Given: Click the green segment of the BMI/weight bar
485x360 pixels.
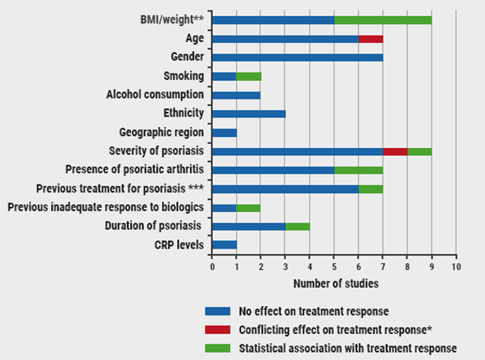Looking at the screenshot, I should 382,20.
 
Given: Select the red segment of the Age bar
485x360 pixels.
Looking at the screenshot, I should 370,39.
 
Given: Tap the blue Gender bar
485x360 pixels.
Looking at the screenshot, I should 297,57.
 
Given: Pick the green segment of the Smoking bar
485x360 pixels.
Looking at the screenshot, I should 248,76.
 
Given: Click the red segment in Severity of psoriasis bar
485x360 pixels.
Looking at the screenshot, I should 394,150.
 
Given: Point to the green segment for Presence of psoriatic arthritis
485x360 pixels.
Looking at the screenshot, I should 358,169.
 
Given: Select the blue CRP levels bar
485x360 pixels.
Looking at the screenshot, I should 224,244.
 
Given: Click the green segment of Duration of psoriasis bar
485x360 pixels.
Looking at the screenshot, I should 297,226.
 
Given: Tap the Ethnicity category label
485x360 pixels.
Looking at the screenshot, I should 182,113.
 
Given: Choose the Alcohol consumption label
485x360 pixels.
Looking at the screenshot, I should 155,95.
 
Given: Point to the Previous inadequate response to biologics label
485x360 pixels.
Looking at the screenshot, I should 105,207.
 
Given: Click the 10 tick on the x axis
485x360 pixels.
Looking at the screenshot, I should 456,266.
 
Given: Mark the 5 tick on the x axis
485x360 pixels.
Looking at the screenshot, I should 334,266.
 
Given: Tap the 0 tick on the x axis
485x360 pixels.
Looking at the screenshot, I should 212,266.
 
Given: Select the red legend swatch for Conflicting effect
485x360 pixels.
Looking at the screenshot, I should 217,329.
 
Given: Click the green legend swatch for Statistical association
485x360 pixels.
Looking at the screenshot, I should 217,348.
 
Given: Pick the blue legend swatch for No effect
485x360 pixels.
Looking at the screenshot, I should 217,311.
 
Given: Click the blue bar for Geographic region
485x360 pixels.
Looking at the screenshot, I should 224,132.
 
